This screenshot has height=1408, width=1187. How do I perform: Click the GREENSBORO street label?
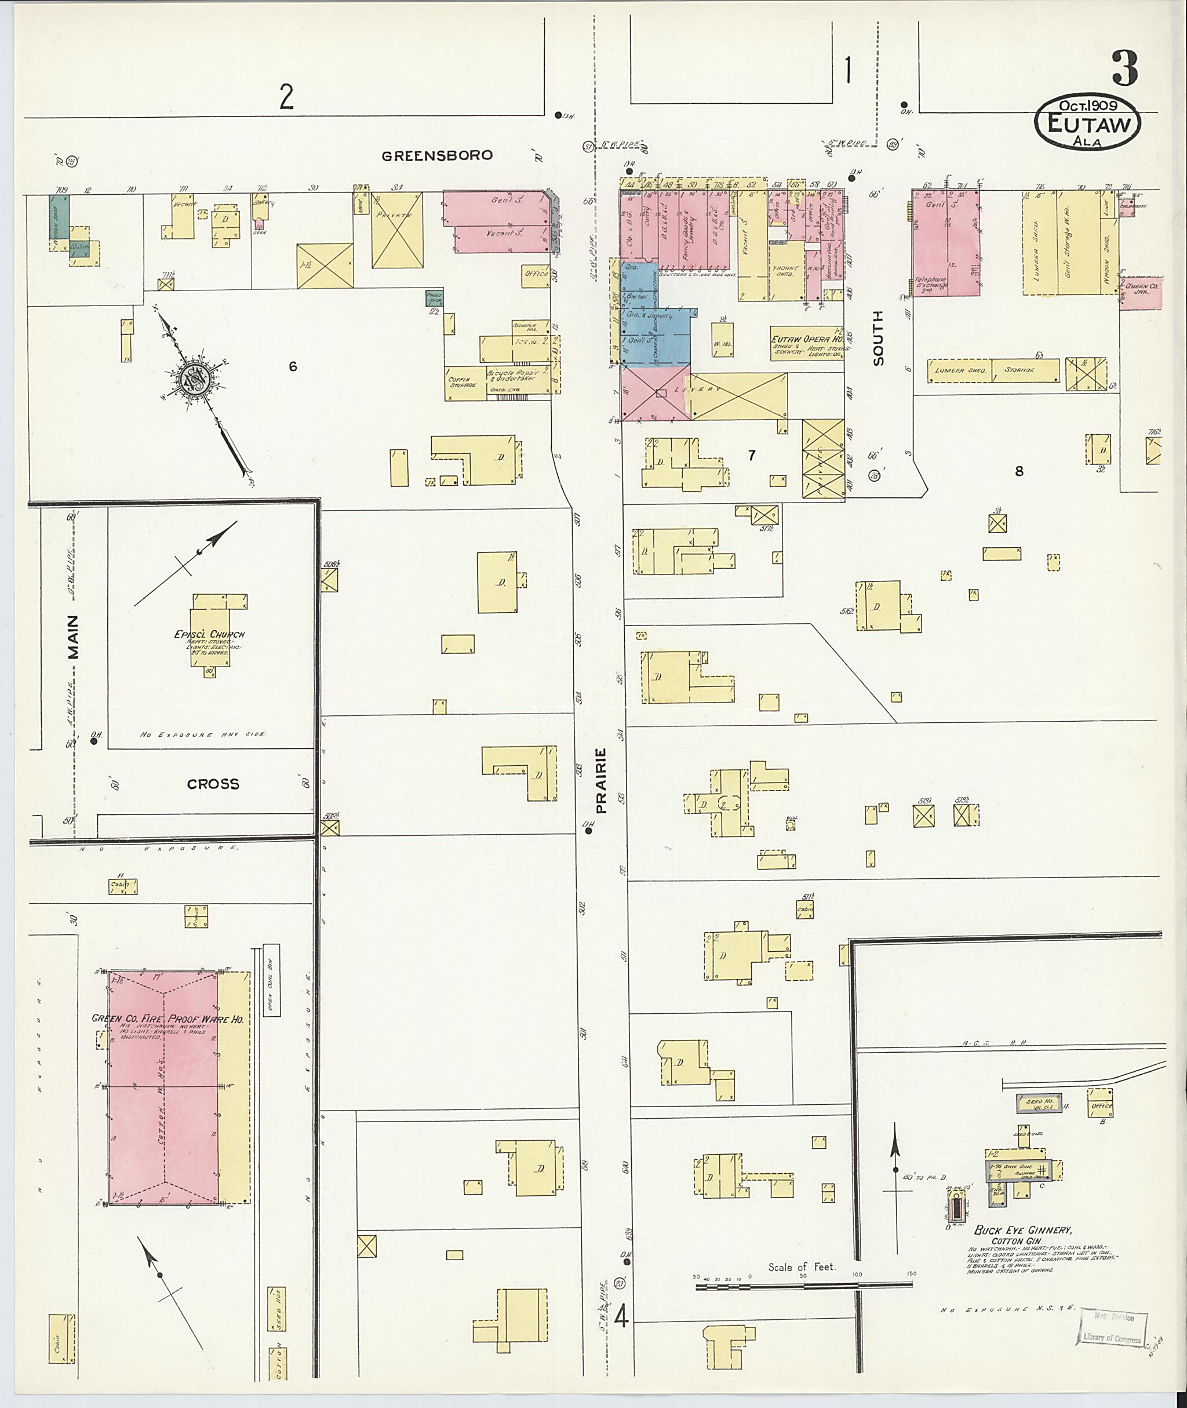coord(436,155)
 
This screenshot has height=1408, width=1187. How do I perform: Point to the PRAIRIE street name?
coord(601,780)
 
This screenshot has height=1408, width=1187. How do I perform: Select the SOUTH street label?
coord(878,338)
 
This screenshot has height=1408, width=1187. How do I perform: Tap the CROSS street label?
coord(213,784)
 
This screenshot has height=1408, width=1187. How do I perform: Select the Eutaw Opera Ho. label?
coord(806,339)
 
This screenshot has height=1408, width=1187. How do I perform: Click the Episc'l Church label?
coord(209,634)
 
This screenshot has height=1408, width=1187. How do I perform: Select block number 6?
coord(293,367)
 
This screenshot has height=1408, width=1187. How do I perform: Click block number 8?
coord(1019,472)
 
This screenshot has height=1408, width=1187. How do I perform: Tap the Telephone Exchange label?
coord(929,283)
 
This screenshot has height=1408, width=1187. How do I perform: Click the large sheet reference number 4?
coord(621,1317)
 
